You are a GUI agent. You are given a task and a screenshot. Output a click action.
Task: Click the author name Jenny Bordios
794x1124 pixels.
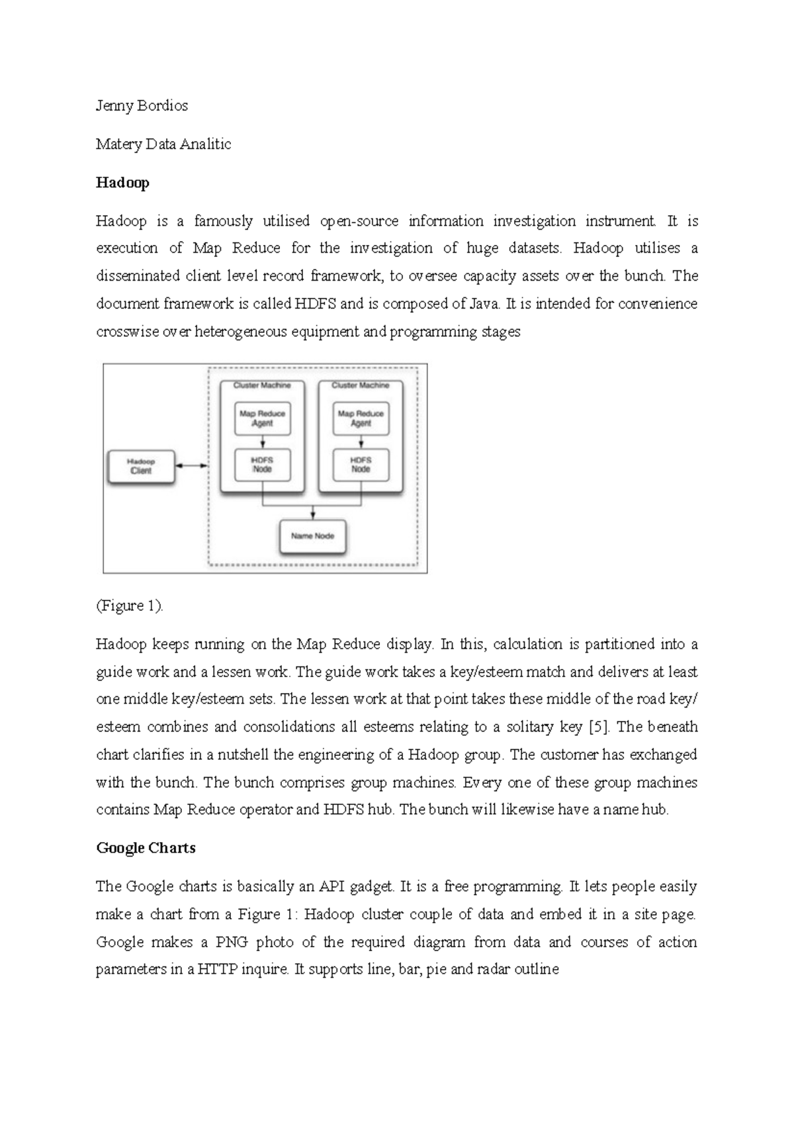(142, 106)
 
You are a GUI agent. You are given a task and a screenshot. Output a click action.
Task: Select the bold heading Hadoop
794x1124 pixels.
(122, 183)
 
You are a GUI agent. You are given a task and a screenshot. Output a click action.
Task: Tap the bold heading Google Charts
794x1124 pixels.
(146, 848)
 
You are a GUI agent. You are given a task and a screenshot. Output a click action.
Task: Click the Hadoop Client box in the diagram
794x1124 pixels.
(140, 467)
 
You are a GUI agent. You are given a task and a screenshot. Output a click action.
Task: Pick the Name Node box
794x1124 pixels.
(313, 536)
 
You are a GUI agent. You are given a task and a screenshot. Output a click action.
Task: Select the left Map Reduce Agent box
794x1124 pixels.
(263, 418)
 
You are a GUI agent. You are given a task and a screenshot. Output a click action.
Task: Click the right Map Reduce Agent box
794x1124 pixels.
(361, 418)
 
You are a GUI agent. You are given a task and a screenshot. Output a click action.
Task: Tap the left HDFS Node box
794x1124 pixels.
(263, 465)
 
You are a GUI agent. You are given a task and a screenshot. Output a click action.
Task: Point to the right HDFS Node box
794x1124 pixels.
(361, 465)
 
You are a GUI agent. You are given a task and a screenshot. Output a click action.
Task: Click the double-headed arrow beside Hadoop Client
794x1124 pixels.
(192, 466)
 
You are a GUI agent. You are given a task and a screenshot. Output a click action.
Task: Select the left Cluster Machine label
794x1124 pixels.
(262, 385)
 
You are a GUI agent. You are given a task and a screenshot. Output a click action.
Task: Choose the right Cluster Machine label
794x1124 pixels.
(361, 385)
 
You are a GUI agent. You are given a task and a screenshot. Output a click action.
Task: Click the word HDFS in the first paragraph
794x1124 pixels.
(316, 304)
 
